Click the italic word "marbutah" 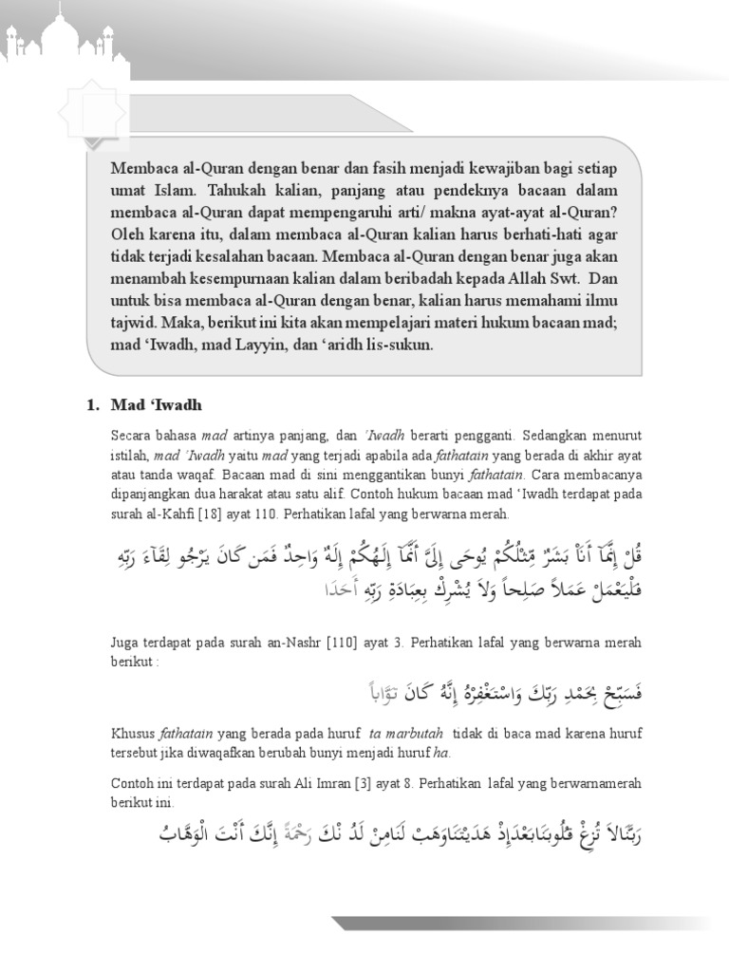click(439, 734)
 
